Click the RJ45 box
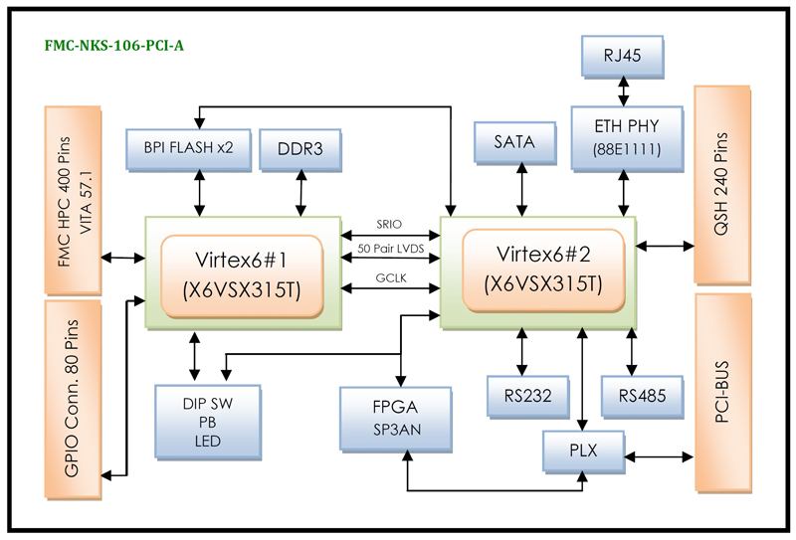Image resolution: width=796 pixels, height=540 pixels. point(623,57)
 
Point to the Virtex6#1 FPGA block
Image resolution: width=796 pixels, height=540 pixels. point(243,271)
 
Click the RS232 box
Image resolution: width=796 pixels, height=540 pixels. point(527,396)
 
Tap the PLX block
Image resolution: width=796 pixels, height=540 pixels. point(584,450)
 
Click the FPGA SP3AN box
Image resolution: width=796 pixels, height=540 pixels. point(396,418)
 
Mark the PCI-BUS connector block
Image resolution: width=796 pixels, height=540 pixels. point(723,391)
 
